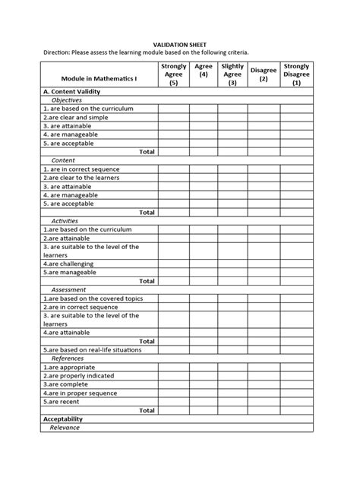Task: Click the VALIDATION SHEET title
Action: [179, 45]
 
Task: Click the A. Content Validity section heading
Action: [74, 90]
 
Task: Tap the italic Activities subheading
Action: [68, 221]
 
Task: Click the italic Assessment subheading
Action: [69, 289]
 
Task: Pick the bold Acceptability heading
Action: [63, 419]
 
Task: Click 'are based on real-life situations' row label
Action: [91, 350]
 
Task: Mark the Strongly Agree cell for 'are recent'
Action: [173, 402]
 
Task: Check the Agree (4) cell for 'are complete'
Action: [204, 384]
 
